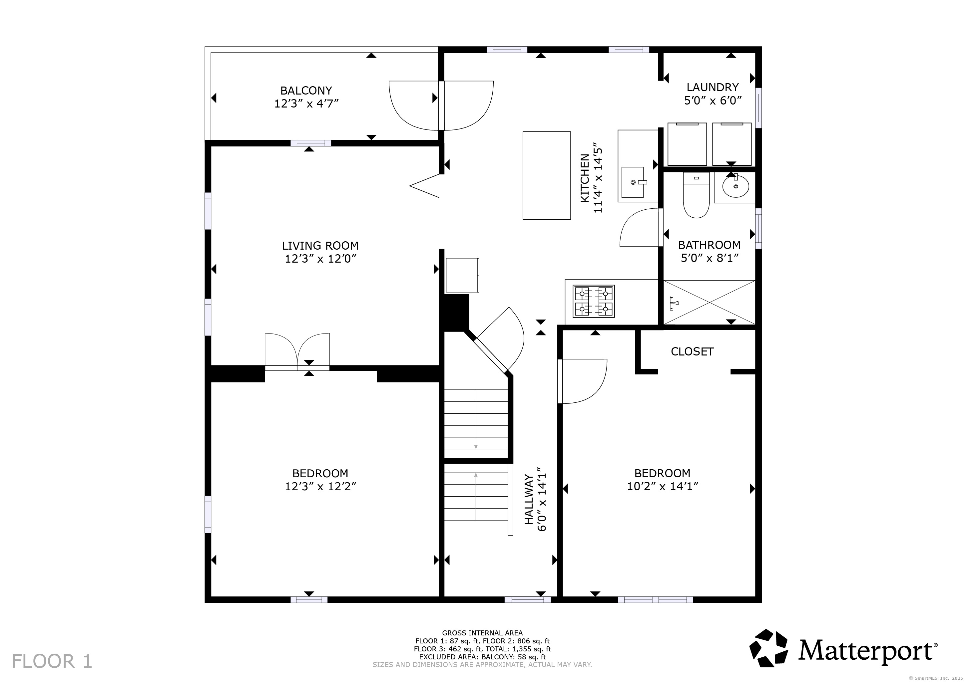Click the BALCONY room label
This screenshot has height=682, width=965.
pyautogui.click(x=306, y=91)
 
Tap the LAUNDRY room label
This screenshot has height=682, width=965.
pyautogui.click(x=713, y=87)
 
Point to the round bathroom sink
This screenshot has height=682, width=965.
pyautogui.click(x=735, y=187)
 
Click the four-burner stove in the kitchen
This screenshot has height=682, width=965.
pyautogui.click(x=594, y=301)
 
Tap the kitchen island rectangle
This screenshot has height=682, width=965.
pyautogui.click(x=546, y=175)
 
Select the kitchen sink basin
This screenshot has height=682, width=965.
pyautogui.click(x=632, y=182)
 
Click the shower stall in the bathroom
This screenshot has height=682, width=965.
pyautogui.click(x=710, y=302)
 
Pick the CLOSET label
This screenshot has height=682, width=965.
pyautogui.click(x=692, y=351)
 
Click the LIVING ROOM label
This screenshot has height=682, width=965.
pyautogui.click(x=320, y=246)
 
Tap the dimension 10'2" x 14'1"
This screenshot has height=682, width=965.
pyautogui.click(x=663, y=486)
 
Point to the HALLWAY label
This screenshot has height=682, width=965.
pyautogui.click(x=529, y=499)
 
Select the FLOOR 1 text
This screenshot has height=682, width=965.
pyautogui.click(x=52, y=661)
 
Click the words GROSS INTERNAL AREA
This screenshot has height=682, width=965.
pyautogui.click(x=482, y=633)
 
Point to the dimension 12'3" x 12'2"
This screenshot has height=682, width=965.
pyautogui.click(x=320, y=486)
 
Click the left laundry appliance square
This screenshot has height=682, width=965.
pyautogui.click(x=687, y=144)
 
